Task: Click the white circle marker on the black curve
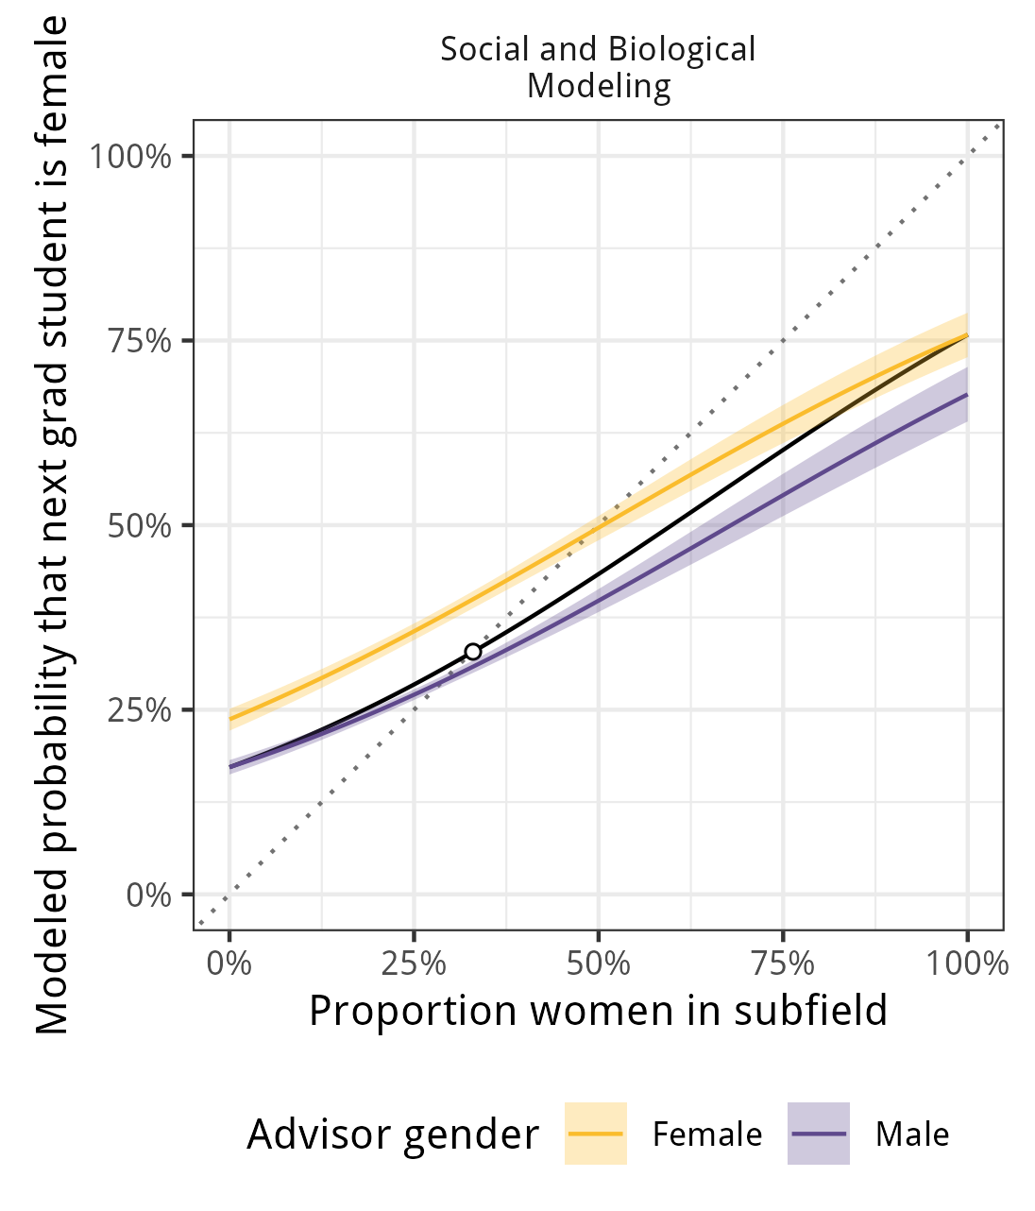point(473,652)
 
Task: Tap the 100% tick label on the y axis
point(130,156)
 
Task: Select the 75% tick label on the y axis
point(140,341)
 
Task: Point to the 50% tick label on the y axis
point(140,525)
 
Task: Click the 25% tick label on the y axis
point(140,710)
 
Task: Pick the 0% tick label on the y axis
point(149,895)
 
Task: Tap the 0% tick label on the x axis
point(229,964)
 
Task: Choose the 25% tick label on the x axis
point(414,964)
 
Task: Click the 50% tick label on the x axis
point(599,964)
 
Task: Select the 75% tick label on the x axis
point(783,964)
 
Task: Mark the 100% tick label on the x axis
point(967,964)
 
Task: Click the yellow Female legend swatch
point(596,1134)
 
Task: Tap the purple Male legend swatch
point(819,1134)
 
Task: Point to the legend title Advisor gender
point(393,1134)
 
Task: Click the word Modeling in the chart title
point(599,86)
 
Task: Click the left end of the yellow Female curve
point(230,718)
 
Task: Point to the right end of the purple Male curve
point(967,394)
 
